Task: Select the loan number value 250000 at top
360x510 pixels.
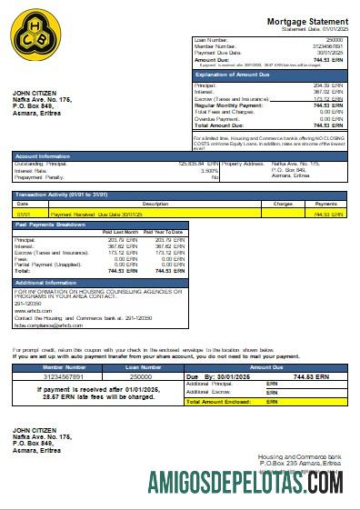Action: coord(335,40)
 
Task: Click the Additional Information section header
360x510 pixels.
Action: coord(46,283)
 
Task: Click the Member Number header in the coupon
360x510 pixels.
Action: coord(65,366)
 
